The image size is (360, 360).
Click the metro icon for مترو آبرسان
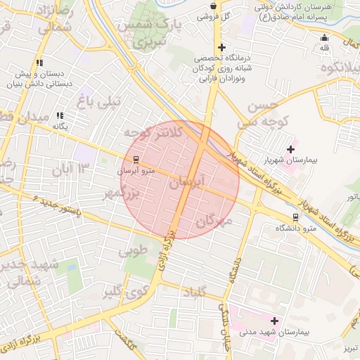click(x=136, y=159)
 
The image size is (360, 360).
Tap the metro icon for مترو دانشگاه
click(x=295, y=217)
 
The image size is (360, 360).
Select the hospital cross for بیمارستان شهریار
click(x=290, y=149)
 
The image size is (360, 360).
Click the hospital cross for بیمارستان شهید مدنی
click(x=274, y=321)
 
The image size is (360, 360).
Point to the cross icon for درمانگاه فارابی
click(x=221, y=47)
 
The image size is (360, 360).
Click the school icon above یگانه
click(x=60, y=115)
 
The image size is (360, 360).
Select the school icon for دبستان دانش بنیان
click(x=40, y=63)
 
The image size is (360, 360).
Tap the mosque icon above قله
click(x=324, y=38)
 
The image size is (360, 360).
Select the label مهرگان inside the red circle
click(x=215, y=221)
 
